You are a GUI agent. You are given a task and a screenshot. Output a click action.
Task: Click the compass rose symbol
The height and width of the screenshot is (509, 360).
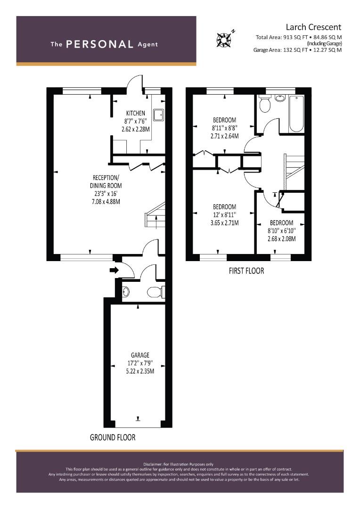[x=224, y=39]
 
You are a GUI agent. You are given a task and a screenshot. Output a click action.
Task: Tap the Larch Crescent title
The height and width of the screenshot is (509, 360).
[x=313, y=27]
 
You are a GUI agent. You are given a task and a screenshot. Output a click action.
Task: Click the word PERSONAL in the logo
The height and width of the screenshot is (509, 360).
[x=99, y=44]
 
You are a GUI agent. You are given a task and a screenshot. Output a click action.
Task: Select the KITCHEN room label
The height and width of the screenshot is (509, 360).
[x=136, y=113]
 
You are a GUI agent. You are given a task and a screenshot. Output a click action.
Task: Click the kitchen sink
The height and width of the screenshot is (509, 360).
[x=158, y=115]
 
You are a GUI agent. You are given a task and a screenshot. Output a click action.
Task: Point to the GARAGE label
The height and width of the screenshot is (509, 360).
[x=140, y=355]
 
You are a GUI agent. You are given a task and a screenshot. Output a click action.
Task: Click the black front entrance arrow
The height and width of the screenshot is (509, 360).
[x=115, y=270]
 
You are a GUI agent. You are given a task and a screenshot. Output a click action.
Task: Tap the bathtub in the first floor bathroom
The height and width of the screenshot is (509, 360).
[x=296, y=114]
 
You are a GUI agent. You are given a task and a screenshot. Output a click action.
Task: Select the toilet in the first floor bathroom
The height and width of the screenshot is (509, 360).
[x=265, y=104]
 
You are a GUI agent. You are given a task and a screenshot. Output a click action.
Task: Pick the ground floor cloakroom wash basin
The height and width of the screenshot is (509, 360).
[x=126, y=292]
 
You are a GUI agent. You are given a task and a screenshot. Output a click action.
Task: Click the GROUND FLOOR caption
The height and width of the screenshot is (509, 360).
[x=113, y=437]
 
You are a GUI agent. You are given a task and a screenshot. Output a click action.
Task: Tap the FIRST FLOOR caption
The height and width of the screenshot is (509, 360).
[x=246, y=271]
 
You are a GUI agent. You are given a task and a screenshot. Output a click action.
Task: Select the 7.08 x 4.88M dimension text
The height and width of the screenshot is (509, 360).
[x=106, y=202]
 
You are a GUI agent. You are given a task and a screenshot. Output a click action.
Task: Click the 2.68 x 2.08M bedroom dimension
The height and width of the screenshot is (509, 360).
[x=281, y=239]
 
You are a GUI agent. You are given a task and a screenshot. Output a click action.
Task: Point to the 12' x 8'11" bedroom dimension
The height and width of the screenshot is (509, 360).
[x=225, y=215]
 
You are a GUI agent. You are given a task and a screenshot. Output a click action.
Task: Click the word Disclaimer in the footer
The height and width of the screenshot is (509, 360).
[x=153, y=464]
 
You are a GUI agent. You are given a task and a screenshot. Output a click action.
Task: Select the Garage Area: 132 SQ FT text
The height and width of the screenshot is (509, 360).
[x=276, y=50]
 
